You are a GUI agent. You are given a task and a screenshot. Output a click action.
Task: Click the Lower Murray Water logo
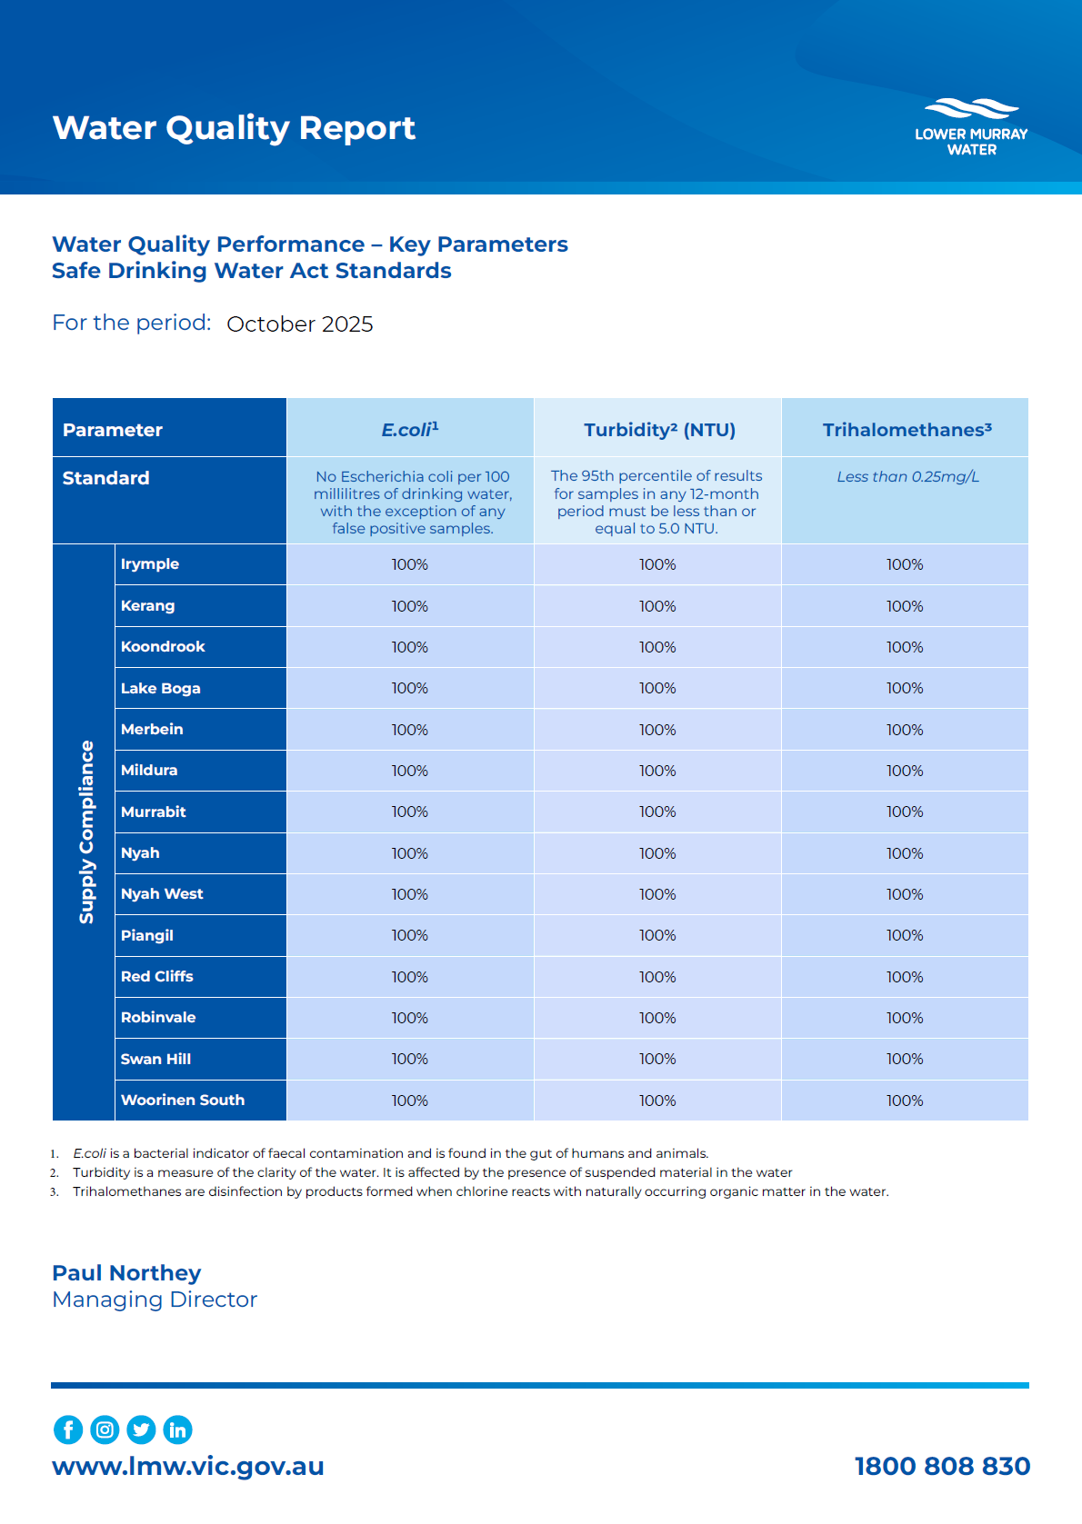pyautogui.click(x=971, y=127)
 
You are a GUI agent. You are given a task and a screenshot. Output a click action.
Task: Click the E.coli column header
pyautogui.click(x=409, y=430)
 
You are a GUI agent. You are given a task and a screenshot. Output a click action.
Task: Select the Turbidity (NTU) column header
pyautogui.click(x=659, y=430)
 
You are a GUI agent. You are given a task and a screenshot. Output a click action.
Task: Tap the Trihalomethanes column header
pyautogui.click(x=907, y=430)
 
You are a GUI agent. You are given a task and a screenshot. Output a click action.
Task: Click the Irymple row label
pyautogui.click(x=150, y=564)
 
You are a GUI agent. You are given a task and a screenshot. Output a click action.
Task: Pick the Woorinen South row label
pyautogui.click(x=183, y=1101)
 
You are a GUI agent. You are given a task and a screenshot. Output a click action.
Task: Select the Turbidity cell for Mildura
pyautogui.click(x=657, y=771)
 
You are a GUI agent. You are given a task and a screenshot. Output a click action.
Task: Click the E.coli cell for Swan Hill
pyautogui.click(x=409, y=1060)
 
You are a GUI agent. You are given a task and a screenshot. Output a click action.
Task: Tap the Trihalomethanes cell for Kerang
pyautogui.click(x=905, y=606)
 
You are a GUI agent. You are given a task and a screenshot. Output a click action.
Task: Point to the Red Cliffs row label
pyautogui.click(x=157, y=977)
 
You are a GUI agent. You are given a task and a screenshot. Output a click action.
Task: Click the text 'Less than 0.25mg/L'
pyautogui.click(x=907, y=477)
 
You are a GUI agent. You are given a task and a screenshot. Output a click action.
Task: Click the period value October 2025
pyautogui.click(x=300, y=324)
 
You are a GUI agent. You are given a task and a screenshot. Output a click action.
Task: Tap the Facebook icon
pyautogui.click(x=68, y=1429)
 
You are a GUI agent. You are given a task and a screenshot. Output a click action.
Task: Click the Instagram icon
pyautogui.click(x=105, y=1429)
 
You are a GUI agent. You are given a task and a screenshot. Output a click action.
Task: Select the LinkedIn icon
pyautogui.click(x=177, y=1429)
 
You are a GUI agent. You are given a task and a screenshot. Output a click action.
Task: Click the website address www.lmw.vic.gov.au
pyautogui.click(x=188, y=1466)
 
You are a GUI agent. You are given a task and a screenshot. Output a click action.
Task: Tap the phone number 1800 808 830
pyautogui.click(x=942, y=1466)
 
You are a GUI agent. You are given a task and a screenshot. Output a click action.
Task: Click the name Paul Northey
pyautogui.click(x=126, y=1273)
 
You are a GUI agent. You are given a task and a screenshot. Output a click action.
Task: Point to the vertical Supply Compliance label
pyautogui.click(x=86, y=832)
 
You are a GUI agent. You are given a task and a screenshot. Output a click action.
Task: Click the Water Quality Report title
pyautogui.click(x=234, y=128)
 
